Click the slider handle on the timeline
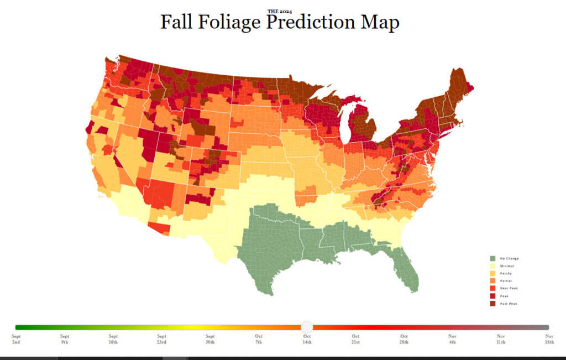tap(307, 327)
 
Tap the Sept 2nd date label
tap(16, 339)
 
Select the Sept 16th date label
tap(113, 339)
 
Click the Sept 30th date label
tap(210, 339)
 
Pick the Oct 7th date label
tap(259, 339)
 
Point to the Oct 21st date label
tap(355, 339)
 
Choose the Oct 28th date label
tap(404, 339)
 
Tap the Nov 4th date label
tap(452, 339)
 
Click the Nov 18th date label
tap(549, 339)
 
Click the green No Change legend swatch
tap(492, 258)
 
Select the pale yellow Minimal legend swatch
tap(492, 266)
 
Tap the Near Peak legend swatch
tap(492, 288)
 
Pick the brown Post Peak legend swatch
tap(492, 303)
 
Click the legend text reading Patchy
tap(507, 273)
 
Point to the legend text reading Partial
tap(507, 281)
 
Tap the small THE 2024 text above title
tap(280, 11)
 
